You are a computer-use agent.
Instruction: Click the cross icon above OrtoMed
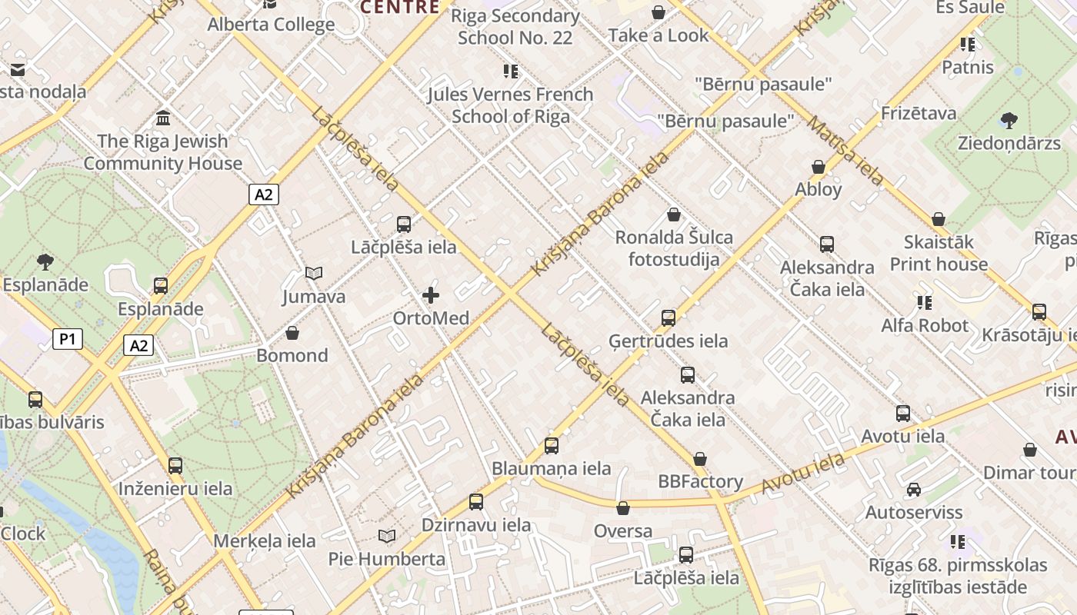[431, 295]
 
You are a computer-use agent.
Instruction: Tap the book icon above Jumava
[314, 273]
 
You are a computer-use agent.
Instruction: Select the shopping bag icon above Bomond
[292, 333]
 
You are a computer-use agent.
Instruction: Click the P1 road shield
[68, 339]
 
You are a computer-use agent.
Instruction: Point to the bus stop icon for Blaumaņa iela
[551, 446]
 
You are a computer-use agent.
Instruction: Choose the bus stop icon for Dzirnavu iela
[476, 502]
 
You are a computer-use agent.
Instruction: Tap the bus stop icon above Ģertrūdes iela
[669, 318]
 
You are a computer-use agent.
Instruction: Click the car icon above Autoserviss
[914, 490]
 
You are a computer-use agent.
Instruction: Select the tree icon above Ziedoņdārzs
[1009, 121]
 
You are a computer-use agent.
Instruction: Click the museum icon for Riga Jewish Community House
[163, 118]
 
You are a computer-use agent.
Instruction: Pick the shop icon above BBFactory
[699, 459]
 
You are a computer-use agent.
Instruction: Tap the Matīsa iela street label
[845, 151]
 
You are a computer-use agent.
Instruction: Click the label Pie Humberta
[387, 559]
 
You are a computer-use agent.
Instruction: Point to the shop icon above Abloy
[819, 167]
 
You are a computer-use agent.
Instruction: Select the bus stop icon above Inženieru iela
[175, 466]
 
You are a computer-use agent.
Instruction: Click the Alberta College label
[271, 25]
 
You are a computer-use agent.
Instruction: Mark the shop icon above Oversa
[623, 508]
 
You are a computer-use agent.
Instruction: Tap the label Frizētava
[919, 114]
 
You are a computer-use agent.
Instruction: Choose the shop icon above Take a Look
[659, 12]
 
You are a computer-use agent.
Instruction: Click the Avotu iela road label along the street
[802, 474]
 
